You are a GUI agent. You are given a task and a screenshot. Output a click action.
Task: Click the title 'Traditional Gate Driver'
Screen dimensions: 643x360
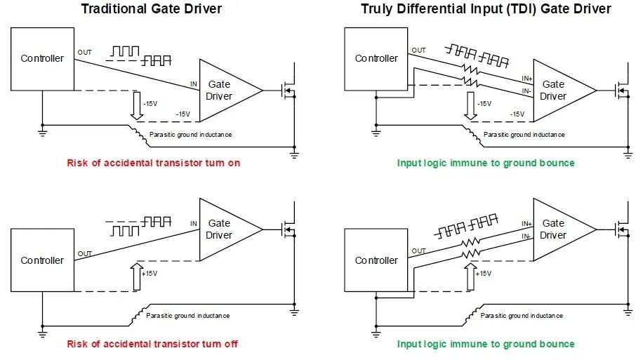(152, 8)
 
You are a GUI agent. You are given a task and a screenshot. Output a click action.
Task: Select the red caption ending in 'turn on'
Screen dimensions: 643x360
(153, 163)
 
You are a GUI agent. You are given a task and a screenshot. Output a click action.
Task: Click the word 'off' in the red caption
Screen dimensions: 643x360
(231, 344)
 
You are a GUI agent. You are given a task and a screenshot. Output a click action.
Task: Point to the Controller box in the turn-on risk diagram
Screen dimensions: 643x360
(42, 59)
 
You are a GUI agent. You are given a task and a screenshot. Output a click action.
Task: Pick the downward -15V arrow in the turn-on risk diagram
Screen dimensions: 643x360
(137, 105)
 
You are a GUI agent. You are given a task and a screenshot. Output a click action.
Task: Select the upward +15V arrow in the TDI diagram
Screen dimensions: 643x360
(471, 276)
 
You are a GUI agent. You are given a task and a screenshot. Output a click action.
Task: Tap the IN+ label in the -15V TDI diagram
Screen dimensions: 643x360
(527, 79)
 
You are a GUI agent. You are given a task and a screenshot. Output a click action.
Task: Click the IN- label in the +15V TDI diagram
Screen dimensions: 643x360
(526, 236)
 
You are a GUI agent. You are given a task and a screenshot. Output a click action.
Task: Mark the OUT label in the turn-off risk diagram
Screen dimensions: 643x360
(84, 253)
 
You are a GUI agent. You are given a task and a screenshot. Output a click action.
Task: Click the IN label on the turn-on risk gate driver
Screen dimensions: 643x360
(194, 84)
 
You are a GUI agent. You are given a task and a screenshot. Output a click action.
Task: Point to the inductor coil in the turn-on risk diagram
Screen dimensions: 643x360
(139, 135)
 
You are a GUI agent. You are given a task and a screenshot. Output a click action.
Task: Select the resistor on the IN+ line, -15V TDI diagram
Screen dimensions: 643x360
(471, 69)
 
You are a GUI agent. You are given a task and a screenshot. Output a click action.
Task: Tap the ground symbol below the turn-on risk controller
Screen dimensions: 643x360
(42, 132)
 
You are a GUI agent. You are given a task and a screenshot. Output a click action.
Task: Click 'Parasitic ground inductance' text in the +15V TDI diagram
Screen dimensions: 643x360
(521, 316)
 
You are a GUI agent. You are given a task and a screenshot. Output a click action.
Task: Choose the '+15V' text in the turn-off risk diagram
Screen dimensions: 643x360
(150, 274)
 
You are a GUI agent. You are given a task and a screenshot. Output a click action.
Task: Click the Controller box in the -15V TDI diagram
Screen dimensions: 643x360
(376, 59)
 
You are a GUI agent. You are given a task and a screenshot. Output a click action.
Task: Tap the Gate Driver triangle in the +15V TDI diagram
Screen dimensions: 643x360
(564, 229)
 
